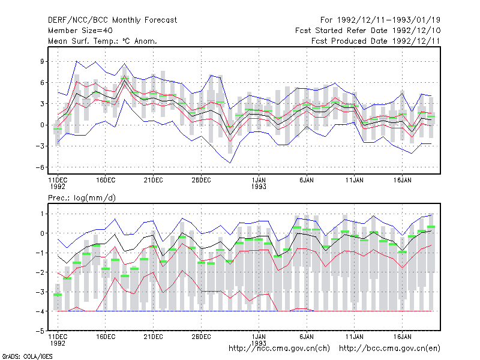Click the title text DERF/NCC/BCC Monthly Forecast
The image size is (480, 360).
pyautogui.click(x=112, y=20)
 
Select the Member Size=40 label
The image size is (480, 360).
pyautogui.click(x=80, y=31)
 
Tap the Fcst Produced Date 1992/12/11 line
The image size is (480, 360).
pyautogui.click(x=376, y=41)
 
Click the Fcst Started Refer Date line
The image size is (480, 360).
pyautogui.click(x=368, y=31)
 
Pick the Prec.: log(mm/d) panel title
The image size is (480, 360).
pyautogui.click(x=82, y=198)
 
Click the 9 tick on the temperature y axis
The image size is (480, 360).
pyautogui.click(x=42, y=62)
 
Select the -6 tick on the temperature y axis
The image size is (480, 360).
pyautogui.click(x=40, y=167)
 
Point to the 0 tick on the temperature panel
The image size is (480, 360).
pyautogui.click(x=42, y=125)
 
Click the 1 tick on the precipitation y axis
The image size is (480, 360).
pyautogui.click(x=42, y=214)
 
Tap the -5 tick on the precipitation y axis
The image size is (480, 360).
pyautogui.click(x=40, y=331)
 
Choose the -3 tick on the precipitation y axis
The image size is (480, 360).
pyautogui.click(x=40, y=292)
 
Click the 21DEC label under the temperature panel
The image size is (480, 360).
pyautogui.click(x=154, y=181)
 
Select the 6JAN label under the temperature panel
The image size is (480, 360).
pyautogui.click(x=307, y=181)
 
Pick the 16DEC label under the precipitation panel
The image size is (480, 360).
pyautogui.click(x=106, y=337)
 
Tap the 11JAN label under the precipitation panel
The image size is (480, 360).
pyautogui.click(x=355, y=337)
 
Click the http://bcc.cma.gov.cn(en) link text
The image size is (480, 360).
pyautogui.click(x=389, y=349)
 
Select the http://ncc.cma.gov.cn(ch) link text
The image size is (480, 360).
pyautogui.click(x=280, y=349)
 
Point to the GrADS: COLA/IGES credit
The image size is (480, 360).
pyautogui.click(x=27, y=356)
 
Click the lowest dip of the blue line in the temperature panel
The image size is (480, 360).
pyautogui.click(x=230, y=163)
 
